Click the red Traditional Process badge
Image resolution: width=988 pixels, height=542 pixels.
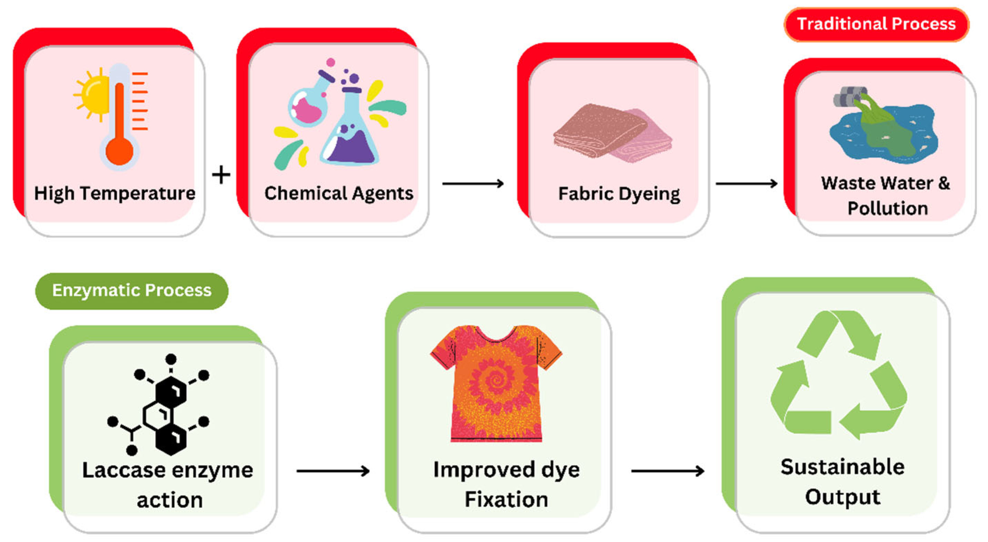point(876,24)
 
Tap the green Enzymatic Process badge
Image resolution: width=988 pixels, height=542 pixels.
point(132,290)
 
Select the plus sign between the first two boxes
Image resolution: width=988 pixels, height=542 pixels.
point(221,176)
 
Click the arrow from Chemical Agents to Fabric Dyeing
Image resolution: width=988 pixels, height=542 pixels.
point(473,184)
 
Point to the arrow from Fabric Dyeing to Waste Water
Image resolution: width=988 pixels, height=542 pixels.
point(746,184)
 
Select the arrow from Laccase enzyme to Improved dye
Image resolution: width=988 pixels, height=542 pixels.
point(333,471)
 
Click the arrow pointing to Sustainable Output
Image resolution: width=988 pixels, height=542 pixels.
point(668,471)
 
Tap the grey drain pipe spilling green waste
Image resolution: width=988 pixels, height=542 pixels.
point(850,98)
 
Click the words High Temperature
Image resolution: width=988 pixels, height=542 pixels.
point(115,193)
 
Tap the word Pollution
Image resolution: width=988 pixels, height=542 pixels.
point(887,209)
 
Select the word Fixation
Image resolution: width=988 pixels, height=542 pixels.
point(506,499)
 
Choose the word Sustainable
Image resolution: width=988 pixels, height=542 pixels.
point(843,467)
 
